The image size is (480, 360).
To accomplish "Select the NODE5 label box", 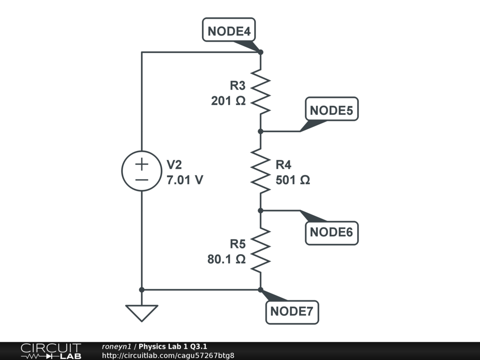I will click(331, 111).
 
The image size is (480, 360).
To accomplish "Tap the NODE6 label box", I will click(331, 232).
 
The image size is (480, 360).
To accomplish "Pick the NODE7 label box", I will click(292, 311).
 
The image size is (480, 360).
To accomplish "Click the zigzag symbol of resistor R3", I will click(261, 92).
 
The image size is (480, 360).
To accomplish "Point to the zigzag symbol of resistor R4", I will click(261, 171).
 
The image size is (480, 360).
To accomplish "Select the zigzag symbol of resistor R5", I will click(261, 250).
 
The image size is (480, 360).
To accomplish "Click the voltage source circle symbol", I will click(142, 171).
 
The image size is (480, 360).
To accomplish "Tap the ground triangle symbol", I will click(142, 313).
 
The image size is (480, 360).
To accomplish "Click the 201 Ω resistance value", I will click(228, 101).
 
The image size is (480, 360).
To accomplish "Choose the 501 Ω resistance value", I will click(292, 180).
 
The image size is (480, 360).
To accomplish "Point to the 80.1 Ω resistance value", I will click(226, 259).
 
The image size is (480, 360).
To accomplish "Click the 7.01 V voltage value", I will click(185, 180).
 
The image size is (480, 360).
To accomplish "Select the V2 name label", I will click(174, 165).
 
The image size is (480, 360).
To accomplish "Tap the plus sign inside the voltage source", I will click(142, 164).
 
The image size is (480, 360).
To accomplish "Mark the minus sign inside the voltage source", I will click(142, 179).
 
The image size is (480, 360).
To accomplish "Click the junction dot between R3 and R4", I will click(261, 131).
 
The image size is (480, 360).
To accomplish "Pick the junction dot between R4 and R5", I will click(261, 210).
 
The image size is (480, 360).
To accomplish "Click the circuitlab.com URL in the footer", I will click(168, 355).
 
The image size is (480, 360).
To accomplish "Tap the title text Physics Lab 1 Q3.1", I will click(173, 346).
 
